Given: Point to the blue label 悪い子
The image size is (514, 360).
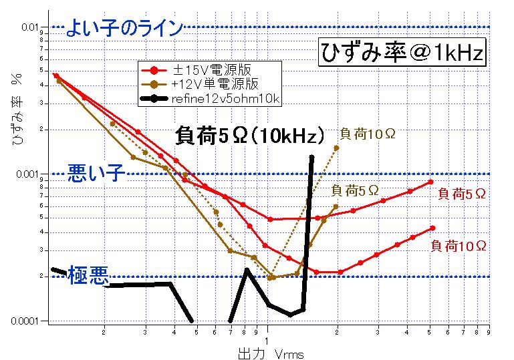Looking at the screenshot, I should point(96,174).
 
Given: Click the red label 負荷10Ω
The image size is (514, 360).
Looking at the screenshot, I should point(459,246).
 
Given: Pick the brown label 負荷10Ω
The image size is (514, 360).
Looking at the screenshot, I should point(366,134).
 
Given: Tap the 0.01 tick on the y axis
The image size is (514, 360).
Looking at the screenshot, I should point(32,27).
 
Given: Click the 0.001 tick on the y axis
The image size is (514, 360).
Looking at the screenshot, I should point(31,174).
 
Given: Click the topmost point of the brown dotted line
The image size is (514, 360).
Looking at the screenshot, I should point(336,148).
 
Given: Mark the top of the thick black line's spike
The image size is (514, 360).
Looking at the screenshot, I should point(311,157).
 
